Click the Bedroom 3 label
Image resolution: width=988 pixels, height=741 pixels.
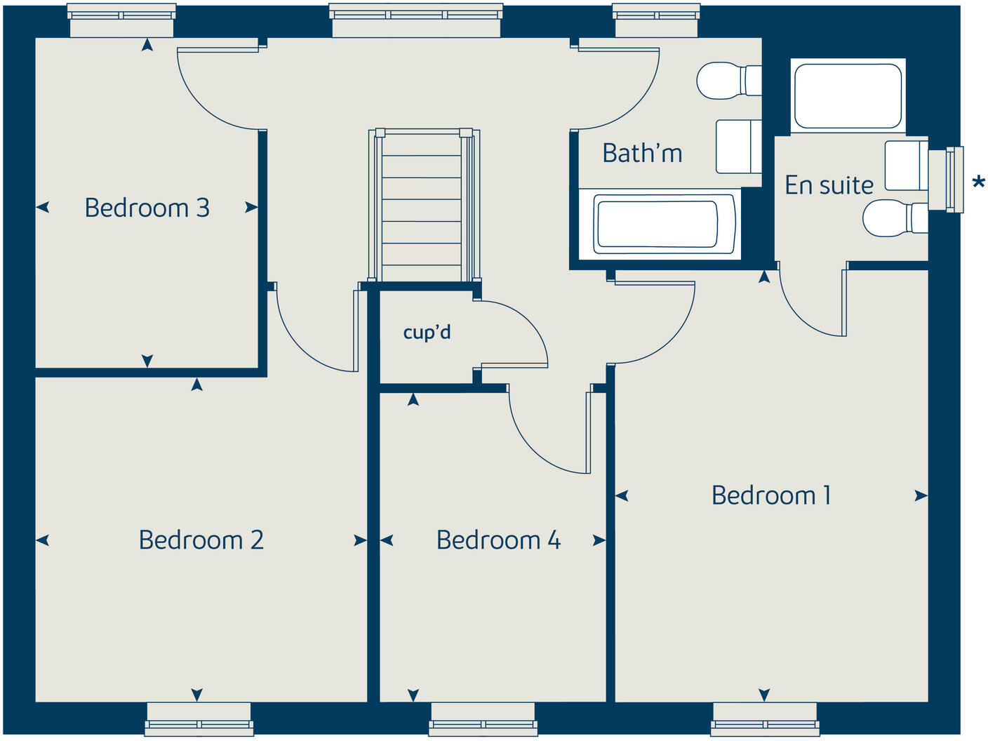point(147,208)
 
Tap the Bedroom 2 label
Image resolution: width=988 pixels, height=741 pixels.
point(201,540)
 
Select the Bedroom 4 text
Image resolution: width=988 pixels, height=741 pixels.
point(498,540)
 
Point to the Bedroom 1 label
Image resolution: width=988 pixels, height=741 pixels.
point(771,495)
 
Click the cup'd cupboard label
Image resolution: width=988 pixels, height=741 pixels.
point(427,332)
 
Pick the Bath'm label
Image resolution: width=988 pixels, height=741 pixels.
point(642,153)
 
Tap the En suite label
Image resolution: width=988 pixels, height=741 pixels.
point(829,185)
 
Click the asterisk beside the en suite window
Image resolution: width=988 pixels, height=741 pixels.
point(978,183)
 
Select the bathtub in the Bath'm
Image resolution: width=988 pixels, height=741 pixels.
point(656,224)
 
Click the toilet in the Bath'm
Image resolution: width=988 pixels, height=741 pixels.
point(727,81)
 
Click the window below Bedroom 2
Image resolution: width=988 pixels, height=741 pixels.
point(199,719)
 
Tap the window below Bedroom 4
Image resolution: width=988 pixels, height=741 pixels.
point(483,719)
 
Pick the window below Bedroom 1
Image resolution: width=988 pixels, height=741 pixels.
point(765,719)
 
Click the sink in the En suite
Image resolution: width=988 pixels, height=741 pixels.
point(905,166)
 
